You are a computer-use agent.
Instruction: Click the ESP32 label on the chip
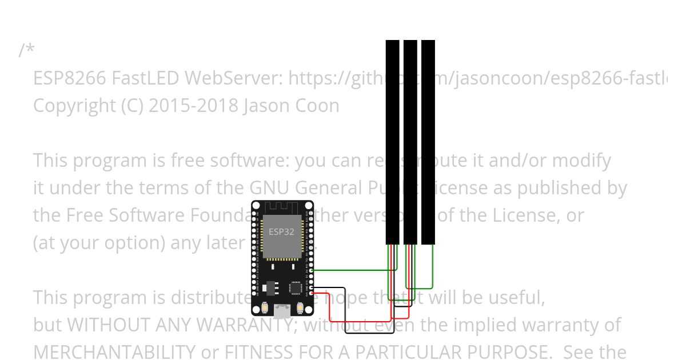(281, 232)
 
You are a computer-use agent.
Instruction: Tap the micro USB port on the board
(281, 311)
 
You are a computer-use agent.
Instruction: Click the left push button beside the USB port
(266, 309)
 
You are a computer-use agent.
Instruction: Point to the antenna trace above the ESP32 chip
(282, 207)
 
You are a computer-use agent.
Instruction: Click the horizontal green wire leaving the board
(349, 270)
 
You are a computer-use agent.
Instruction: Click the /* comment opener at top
(26, 50)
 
